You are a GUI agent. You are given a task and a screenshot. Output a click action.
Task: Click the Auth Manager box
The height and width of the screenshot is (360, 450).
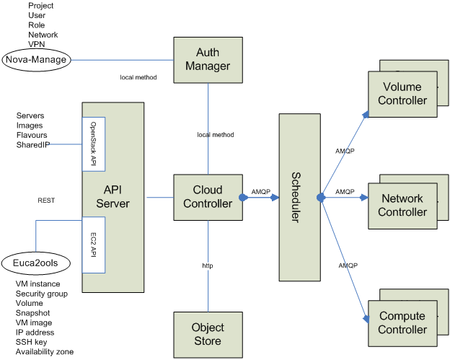[x=208, y=59]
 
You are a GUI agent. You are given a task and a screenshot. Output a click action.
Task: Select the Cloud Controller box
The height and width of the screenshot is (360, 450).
[x=208, y=197]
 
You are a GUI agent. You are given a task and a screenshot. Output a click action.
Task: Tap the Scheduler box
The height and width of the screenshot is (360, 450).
[x=299, y=196]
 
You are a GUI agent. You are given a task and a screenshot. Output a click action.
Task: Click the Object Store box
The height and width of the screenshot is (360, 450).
[x=208, y=334]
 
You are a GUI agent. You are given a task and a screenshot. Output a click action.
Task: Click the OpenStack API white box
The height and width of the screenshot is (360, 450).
[x=94, y=144]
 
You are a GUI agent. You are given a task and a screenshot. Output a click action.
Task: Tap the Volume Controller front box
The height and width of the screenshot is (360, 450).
[x=402, y=94]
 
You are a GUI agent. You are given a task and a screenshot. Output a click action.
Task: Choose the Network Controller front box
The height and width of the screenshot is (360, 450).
[x=402, y=206]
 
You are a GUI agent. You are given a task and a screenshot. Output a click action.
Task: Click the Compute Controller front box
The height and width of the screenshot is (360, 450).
[x=402, y=323]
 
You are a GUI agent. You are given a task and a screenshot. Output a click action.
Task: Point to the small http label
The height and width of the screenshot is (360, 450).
[x=208, y=266]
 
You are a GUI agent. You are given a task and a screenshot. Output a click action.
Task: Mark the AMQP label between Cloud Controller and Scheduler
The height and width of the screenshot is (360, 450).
[x=261, y=192]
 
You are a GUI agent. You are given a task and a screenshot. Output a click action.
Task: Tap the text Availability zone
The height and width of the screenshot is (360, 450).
[x=45, y=351]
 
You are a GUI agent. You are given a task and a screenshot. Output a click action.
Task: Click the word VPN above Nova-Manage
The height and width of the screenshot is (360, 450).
[x=37, y=44]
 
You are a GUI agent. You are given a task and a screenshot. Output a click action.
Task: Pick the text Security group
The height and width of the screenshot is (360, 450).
[x=42, y=294]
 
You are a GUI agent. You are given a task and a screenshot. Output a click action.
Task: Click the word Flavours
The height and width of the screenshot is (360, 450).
[x=32, y=135]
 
